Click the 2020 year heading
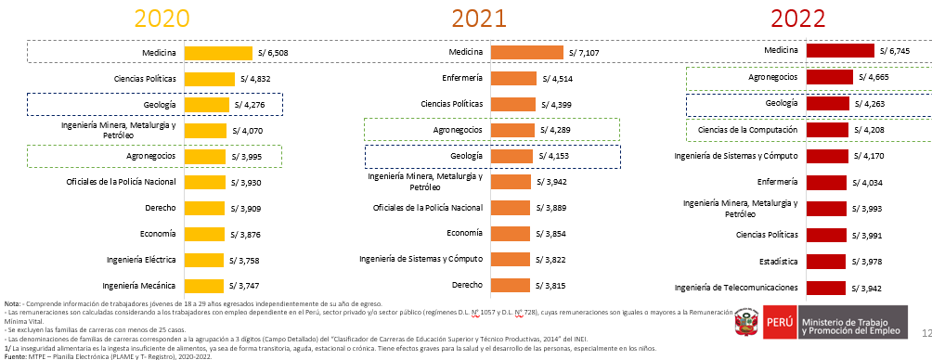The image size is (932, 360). click(x=162, y=19)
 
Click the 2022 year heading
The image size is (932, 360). click(x=798, y=19)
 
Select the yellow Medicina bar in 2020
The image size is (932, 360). click(x=218, y=54)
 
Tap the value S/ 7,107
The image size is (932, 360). click(x=590, y=53)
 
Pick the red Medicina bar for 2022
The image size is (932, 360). click(x=840, y=51)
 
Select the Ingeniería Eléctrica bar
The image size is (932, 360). click(x=205, y=260)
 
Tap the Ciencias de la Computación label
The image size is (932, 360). click(x=748, y=129)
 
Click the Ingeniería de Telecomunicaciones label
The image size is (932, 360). click(x=737, y=288)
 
